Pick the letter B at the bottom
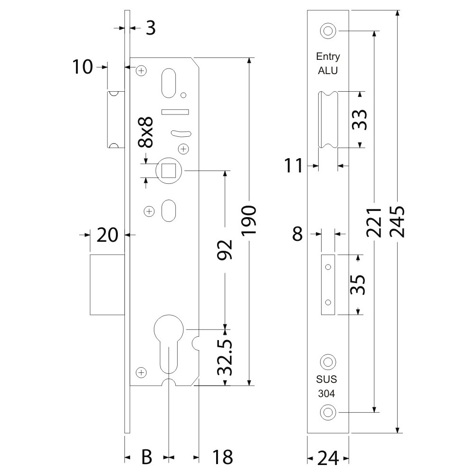[x=147, y=457]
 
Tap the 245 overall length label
[x=396, y=221]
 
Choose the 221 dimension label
[x=375, y=221]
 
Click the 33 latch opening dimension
[x=360, y=119]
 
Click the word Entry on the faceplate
[x=328, y=57]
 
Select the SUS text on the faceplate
[x=327, y=380]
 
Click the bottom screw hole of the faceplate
[x=327, y=412]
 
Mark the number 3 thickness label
[x=150, y=28]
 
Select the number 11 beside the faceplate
[x=294, y=166]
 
